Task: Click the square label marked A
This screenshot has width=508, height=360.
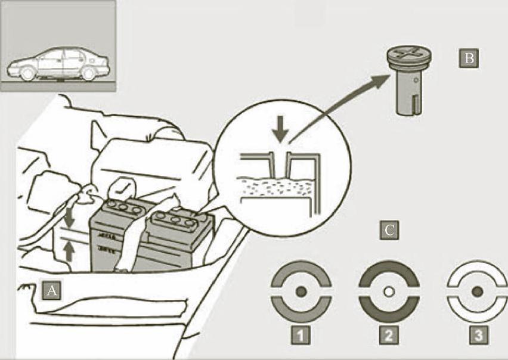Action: [x=51, y=290]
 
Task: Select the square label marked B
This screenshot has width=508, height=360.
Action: [x=469, y=58]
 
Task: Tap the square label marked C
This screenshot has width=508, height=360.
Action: [x=389, y=230]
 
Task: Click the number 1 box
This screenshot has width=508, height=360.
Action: [x=301, y=336]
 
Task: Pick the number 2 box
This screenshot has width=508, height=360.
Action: [x=389, y=336]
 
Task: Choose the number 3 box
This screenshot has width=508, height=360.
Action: [x=479, y=336]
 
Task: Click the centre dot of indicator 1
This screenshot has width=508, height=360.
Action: [x=301, y=291]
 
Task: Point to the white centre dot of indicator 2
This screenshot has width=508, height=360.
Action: [x=389, y=291]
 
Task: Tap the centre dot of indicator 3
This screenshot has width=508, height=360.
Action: [x=477, y=291]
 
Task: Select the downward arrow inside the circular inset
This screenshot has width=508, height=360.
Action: [x=280, y=129]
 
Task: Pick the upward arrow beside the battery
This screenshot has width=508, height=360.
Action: [x=69, y=252]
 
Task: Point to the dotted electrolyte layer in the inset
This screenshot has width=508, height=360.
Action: [x=276, y=187]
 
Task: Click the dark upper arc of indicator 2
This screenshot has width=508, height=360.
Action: [x=389, y=268]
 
